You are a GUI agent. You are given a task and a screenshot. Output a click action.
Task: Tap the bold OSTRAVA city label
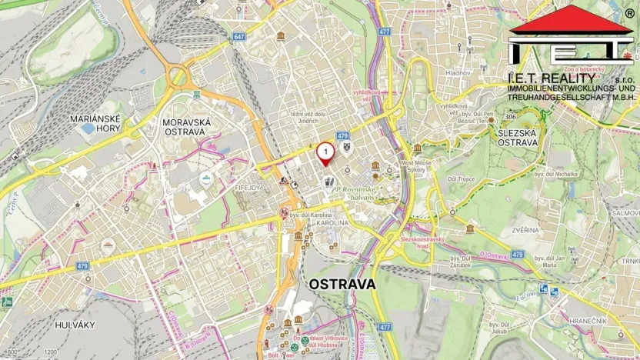(x=342, y=284)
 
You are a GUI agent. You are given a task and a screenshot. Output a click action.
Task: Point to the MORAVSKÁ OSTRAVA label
(x=184, y=127)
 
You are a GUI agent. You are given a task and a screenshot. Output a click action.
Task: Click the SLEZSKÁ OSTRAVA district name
(x=517, y=138)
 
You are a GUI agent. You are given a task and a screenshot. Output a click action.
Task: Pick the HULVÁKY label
(x=74, y=325)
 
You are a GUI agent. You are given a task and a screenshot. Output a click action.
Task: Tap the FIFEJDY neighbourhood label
(x=249, y=186)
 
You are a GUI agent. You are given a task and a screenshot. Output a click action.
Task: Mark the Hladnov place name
(x=456, y=72)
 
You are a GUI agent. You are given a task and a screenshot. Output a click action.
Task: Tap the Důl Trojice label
(x=485, y=179)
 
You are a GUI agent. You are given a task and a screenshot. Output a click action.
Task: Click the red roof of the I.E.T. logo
(x=570, y=18)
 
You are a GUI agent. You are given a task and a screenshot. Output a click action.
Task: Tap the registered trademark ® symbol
(x=629, y=14)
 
